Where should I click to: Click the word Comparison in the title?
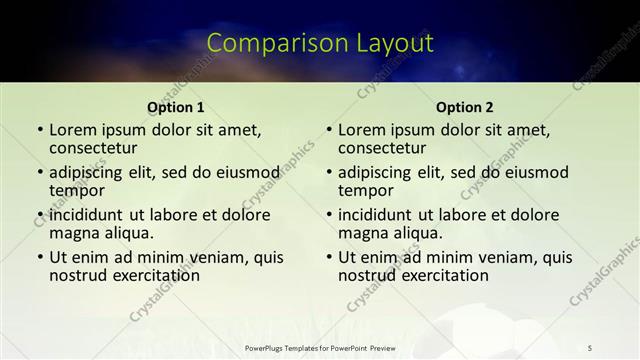[x=269, y=43]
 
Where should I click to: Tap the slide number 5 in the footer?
[x=591, y=348]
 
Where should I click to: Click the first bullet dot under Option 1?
[x=39, y=131]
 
